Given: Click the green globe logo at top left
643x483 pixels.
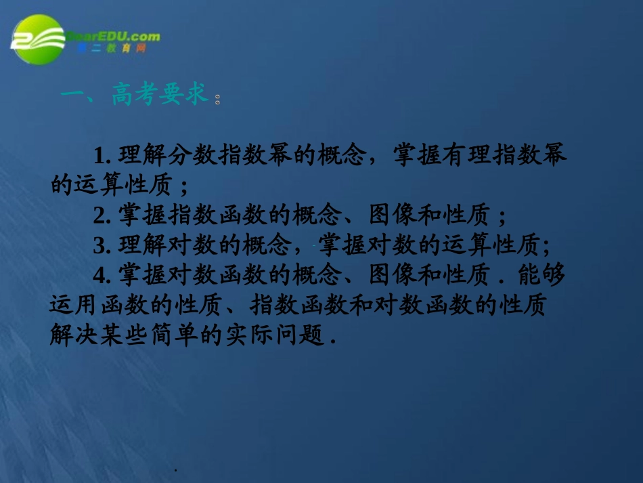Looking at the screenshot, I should (38, 40).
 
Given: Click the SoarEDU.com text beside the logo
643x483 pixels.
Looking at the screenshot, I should (113, 37).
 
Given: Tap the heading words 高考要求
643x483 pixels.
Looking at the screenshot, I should (160, 96).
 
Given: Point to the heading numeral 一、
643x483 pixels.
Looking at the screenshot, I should (79, 96).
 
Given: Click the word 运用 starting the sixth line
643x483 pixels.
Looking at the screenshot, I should (69, 305).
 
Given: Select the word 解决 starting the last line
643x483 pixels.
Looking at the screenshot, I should (69, 335).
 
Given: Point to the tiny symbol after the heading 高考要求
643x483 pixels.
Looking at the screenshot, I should (217, 102).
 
